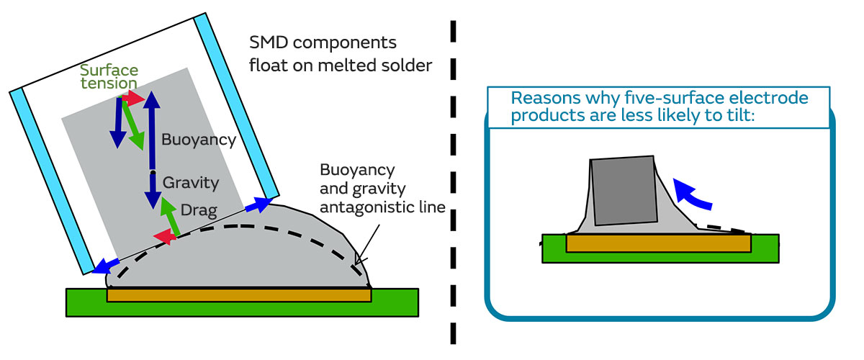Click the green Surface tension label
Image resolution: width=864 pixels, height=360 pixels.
click(x=109, y=78)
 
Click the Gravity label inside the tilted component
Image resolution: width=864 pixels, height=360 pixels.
click(x=190, y=182)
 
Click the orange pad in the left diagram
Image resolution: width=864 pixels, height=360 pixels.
click(x=238, y=295)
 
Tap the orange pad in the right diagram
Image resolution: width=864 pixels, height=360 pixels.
click(x=658, y=243)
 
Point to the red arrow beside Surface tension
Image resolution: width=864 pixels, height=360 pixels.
click(x=134, y=97)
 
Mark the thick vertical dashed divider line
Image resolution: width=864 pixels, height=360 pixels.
click(x=454, y=180)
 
